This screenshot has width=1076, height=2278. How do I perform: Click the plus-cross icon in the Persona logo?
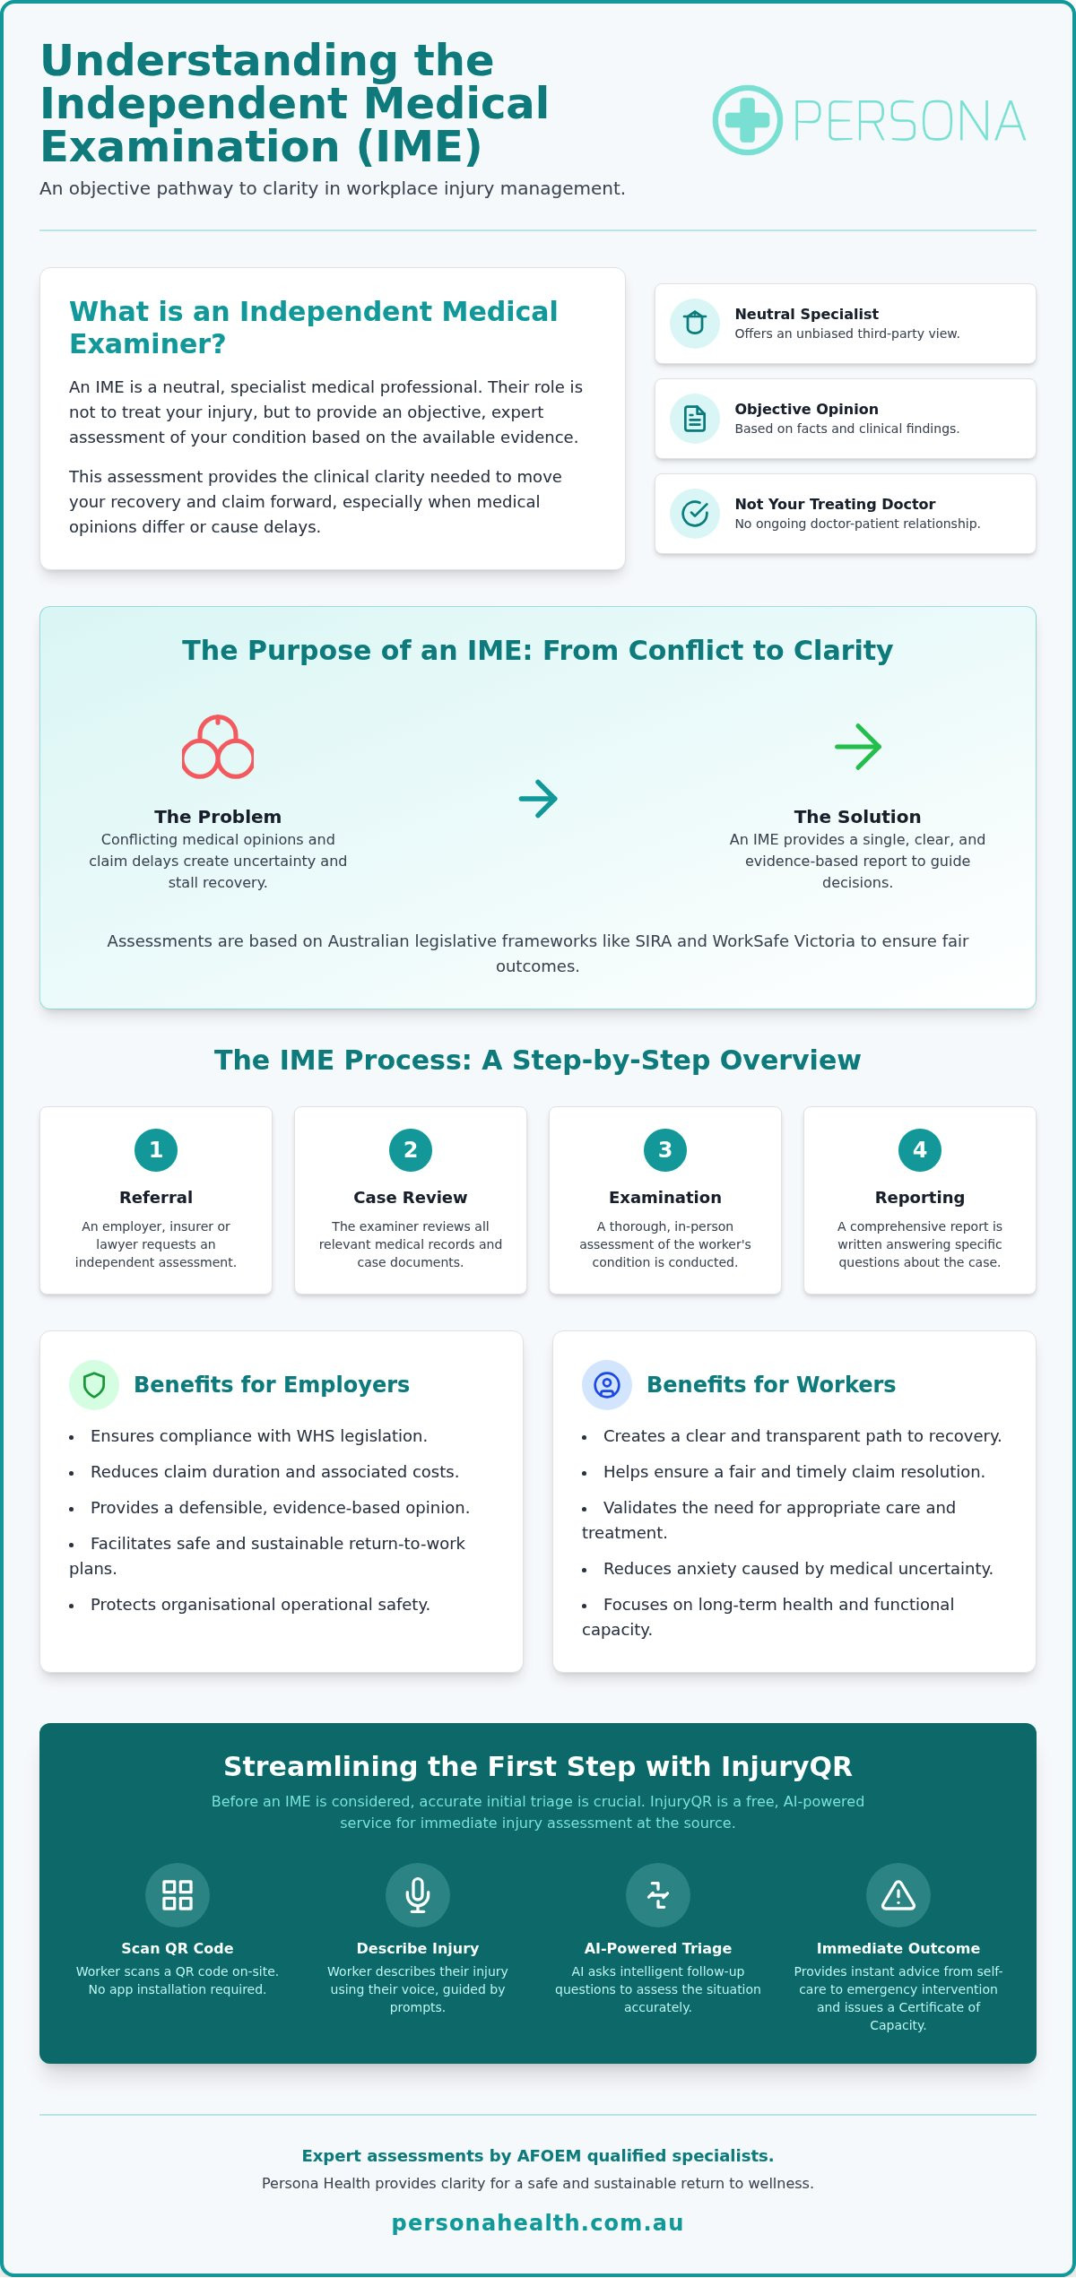click(747, 120)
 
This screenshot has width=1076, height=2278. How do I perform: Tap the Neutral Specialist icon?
click(695, 324)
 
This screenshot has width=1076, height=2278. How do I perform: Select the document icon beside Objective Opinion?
click(695, 419)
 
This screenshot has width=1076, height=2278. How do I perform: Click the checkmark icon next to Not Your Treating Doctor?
click(695, 514)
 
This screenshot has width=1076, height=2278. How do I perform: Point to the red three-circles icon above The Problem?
click(218, 747)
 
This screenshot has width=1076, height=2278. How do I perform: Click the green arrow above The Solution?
click(858, 747)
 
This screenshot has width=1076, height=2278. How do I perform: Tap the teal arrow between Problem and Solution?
click(538, 799)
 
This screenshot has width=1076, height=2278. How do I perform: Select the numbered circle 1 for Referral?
click(156, 1150)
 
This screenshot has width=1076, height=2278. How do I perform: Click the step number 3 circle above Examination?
click(665, 1150)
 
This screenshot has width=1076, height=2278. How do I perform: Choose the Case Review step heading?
click(411, 1198)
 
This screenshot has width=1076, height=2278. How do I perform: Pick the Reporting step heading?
click(920, 1198)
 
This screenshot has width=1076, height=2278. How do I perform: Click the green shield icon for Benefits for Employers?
click(94, 1385)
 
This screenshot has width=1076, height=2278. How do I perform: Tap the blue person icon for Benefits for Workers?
click(607, 1385)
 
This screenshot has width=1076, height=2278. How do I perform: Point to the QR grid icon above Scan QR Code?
click(178, 1895)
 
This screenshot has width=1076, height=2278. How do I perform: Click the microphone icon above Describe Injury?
click(418, 1895)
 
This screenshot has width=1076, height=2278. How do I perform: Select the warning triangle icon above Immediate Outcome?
click(898, 1895)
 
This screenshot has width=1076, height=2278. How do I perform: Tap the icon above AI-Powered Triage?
click(658, 1895)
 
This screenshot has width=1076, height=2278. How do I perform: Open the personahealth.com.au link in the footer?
click(538, 2222)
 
